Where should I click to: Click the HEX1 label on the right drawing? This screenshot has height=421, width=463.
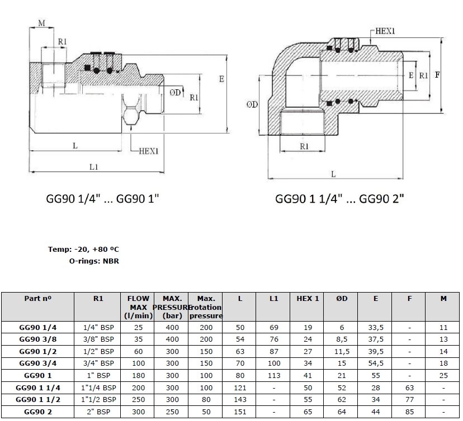[385, 32]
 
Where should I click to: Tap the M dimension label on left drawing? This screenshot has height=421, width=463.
[41, 22]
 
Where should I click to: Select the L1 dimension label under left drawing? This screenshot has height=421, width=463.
[93, 167]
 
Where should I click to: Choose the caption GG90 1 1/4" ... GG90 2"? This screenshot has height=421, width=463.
[339, 198]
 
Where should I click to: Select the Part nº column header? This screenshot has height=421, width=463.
[38, 299]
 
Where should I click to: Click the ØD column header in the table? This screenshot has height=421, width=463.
[342, 299]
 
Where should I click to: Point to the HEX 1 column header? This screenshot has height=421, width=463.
[308, 299]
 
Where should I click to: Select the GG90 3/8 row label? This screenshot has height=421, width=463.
[38, 339]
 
